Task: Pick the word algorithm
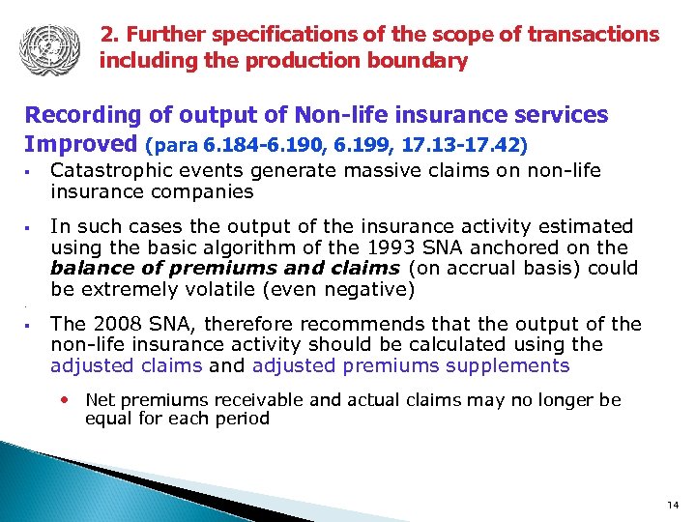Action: point(267,247)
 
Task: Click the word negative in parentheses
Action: point(372,290)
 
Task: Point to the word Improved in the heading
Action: point(81,144)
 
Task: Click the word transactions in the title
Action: point(597,35)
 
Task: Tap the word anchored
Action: point(508,247)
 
